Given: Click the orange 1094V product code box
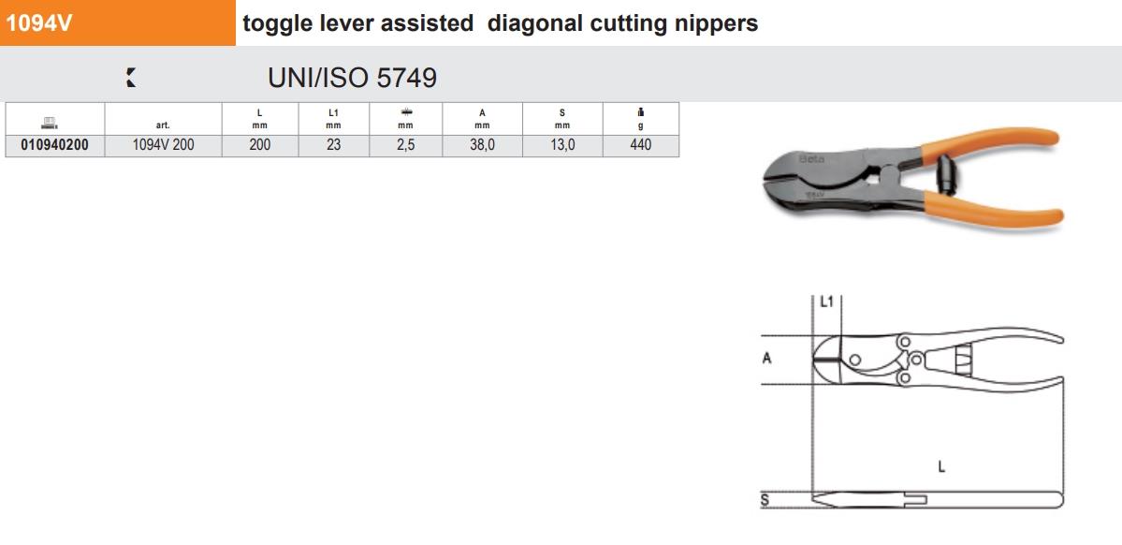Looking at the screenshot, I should click(118, 23).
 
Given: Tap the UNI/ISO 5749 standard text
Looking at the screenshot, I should click(352, 78).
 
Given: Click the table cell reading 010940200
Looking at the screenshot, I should click(54, 145).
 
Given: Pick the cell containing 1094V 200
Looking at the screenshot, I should click(163, 145).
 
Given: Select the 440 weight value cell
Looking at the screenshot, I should click(640, 145).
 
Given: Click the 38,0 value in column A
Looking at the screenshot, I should click(483, 145).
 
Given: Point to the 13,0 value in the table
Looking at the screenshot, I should click(561, 145).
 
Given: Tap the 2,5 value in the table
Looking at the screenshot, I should click(405, 145).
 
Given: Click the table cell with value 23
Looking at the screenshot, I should click(333, 145).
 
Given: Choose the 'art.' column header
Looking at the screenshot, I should click(163, 125).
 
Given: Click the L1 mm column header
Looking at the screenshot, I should click(333, 119).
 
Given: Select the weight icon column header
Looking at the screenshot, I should click(640, 119).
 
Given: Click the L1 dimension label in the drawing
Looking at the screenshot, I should click(825, 302).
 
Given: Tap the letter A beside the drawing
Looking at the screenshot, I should click(766, 357).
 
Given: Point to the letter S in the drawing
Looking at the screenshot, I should click(764, 500).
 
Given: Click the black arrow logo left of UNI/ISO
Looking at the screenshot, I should click(131, 79).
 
